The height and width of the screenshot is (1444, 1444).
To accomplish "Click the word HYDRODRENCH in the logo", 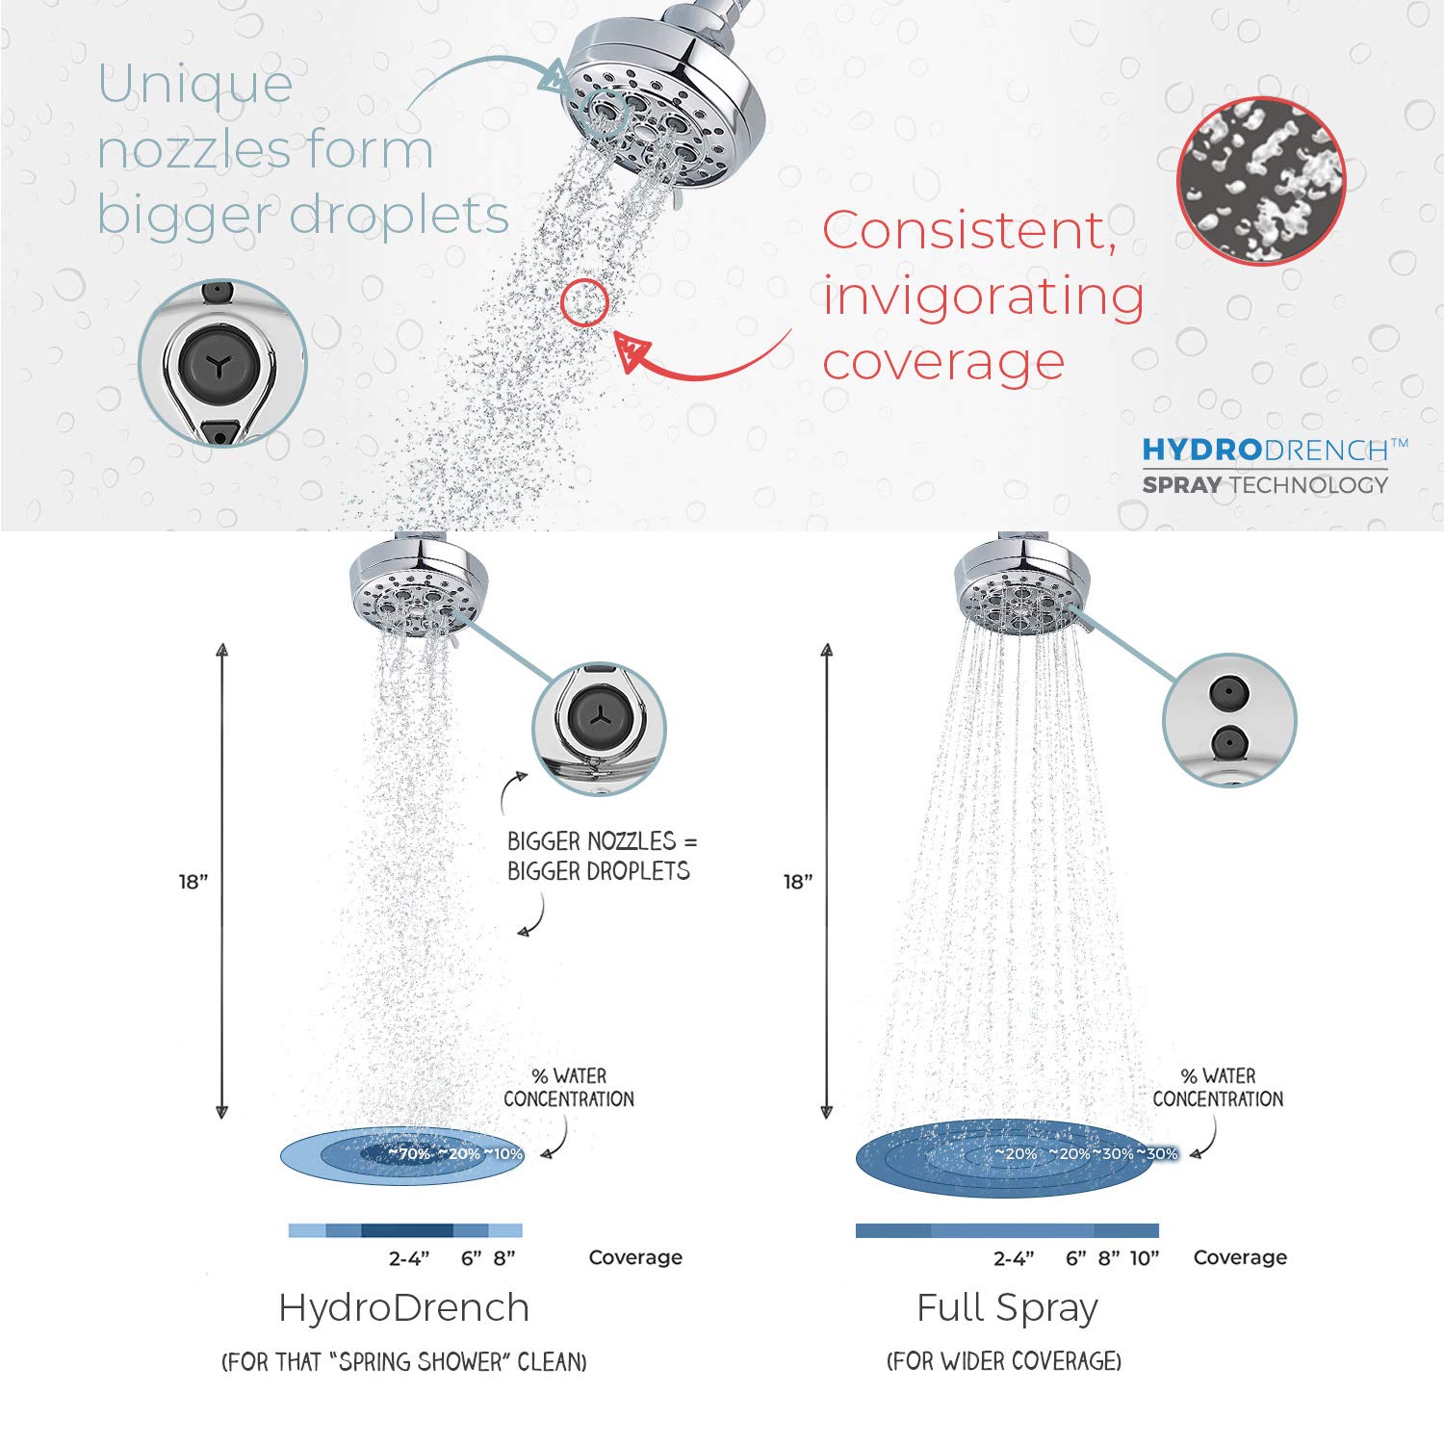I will pos(1265,450).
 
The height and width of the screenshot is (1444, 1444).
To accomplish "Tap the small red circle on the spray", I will pos(584,302).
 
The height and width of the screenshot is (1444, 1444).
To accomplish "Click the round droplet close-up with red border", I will pos(1261,181).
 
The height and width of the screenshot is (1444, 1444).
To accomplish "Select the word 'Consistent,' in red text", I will pos(969,231).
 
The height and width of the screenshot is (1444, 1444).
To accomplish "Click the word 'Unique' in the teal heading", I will pos(195,85).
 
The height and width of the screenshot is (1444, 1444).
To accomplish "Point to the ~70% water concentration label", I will pos(409,1153).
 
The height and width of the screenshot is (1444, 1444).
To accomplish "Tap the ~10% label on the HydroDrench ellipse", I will pos(503,1153).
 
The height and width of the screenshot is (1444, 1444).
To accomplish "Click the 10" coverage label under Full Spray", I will pos(1145,1258).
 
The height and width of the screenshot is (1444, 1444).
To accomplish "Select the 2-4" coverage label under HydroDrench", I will pos(409,1258).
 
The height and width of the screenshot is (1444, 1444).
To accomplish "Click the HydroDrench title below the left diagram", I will pos(404,1308).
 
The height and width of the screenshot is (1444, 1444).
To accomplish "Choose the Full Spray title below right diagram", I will pos(1007,1308).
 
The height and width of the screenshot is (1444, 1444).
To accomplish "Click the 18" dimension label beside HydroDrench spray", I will pos(193,882).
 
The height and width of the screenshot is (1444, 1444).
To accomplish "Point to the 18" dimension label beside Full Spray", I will pos(798,882).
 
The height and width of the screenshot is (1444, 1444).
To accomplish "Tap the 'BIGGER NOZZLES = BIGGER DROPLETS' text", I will pos(599,856).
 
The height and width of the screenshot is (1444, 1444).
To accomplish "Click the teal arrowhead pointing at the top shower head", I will pos(554,77).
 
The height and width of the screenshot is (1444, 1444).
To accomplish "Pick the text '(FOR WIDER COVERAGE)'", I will pos(1004,1361).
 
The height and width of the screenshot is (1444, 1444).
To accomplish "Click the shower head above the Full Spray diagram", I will pos(1019,587).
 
